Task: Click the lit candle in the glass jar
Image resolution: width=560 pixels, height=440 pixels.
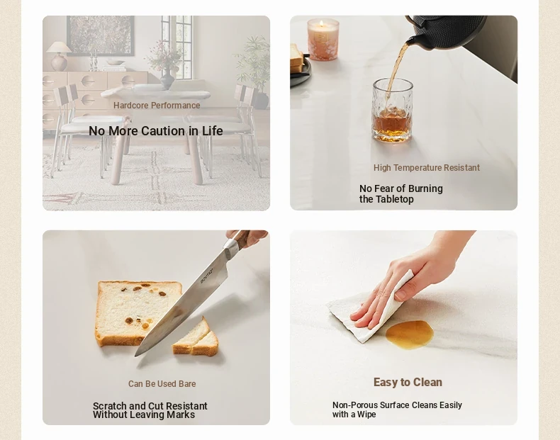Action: pos(323,39)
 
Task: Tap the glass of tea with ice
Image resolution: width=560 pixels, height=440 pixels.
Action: pos(393,111)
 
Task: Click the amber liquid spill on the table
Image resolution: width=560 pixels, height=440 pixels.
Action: pos(410,334)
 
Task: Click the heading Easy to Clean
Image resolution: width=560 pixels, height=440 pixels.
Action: pos(408,382)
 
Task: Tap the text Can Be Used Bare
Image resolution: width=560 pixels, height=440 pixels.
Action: pos(162,383)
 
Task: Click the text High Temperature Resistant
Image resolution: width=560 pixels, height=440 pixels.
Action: pos(427,168)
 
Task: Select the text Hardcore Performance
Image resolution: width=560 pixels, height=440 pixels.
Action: pos(157,106)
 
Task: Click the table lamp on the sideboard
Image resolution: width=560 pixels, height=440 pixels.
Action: pos(59,56)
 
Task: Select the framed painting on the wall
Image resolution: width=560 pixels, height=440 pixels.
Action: pos(101,35)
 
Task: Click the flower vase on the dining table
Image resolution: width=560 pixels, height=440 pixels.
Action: pos(167,79)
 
